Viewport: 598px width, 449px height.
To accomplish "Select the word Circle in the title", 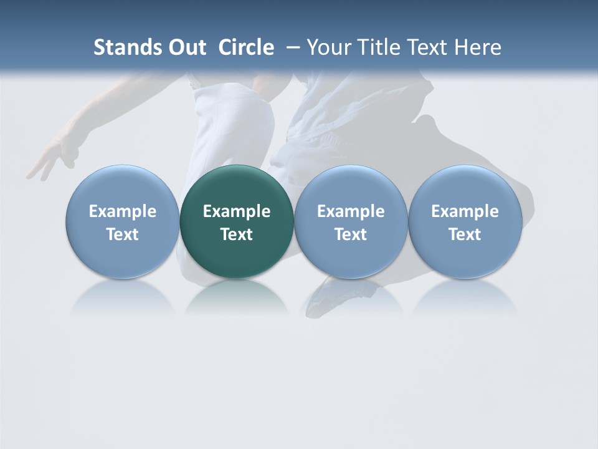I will point(246,47).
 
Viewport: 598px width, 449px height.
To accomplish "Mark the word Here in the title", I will point(479,47).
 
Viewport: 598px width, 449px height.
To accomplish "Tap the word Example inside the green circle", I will point(237,211).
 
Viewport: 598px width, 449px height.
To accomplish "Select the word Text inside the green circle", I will point(237,234).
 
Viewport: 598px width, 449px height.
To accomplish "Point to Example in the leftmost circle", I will point(122,211).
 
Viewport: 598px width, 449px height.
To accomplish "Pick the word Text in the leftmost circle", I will point(122,234).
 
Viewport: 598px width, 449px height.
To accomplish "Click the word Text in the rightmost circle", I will point(465,234).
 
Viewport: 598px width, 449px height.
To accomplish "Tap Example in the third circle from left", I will point(351,211).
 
